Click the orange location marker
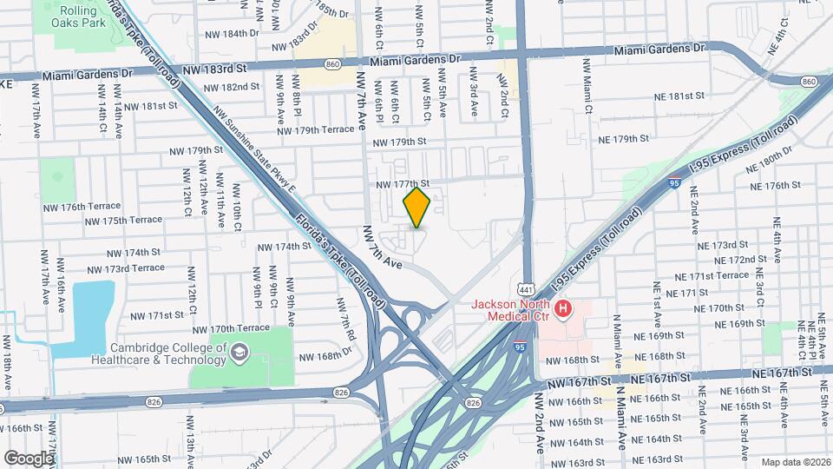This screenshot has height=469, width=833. coord(417,207)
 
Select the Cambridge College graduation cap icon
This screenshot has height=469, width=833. coord(239,352)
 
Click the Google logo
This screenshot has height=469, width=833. coord(28,458)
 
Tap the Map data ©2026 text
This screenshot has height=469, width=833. coord(795,462)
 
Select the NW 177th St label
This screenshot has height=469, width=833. coord(403,184)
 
